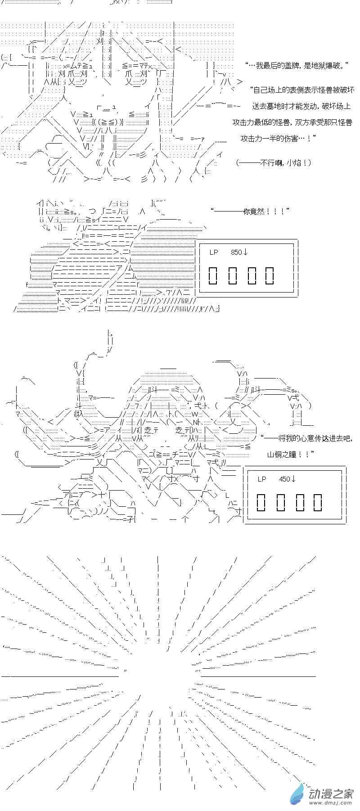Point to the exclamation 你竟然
point(260,211)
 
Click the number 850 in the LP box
point(237,252)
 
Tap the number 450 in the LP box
point(285,479)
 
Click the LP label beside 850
point(213,252)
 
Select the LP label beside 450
point(262,479)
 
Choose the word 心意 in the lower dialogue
point(301,438)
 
